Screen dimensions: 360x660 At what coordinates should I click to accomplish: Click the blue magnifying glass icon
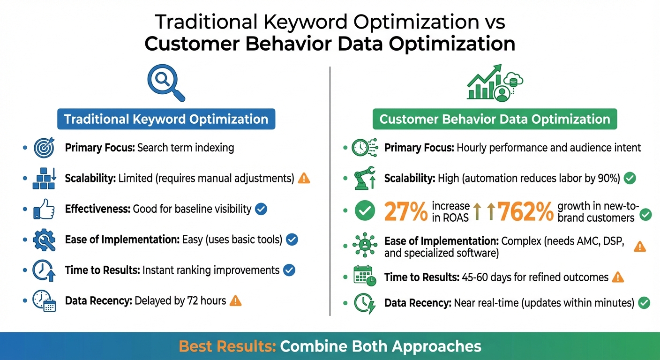point(165,82)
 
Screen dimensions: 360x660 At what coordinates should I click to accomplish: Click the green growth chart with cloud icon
point(494,83)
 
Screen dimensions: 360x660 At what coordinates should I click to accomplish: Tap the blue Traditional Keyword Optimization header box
point(166,119)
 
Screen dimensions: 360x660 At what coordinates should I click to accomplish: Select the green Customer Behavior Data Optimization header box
point(495,119)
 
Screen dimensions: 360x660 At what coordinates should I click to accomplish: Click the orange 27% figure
point(405,211)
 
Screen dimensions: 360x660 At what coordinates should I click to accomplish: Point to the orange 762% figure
point(526,211)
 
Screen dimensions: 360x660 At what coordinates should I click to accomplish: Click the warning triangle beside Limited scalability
point(304,178)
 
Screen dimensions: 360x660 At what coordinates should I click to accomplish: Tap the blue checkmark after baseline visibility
point(261,209)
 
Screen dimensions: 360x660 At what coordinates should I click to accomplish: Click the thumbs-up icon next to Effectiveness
point(44,209)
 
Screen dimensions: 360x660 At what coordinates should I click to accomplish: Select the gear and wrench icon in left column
point(44,240)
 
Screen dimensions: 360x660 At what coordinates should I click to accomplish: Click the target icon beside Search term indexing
point(44,148)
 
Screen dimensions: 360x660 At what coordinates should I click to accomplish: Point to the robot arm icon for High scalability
point(364,179)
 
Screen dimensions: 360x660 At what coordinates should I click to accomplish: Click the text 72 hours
point(207,301)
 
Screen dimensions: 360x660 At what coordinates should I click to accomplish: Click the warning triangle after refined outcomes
point(618,277)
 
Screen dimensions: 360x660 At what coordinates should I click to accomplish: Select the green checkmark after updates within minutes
point(644,303)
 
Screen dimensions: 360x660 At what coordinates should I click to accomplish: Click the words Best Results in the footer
point(227,346)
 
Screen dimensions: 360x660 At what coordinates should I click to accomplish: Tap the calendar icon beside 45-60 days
point(364,277)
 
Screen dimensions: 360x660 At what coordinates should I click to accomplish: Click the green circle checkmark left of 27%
point(364,211)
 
